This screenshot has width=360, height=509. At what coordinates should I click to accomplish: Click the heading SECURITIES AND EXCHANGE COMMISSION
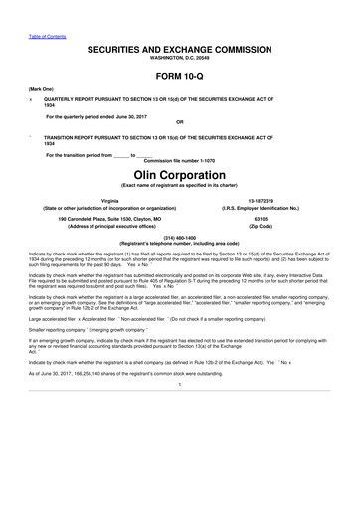(179, 48)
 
